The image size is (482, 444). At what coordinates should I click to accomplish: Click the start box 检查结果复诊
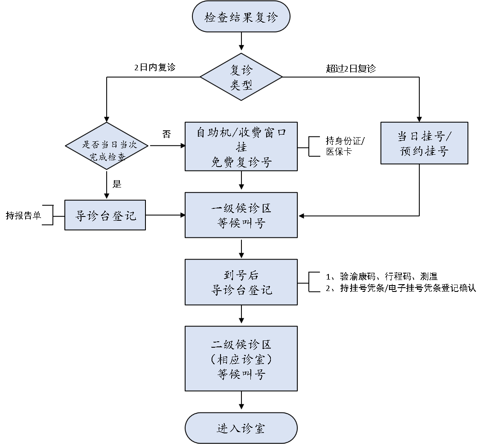(241, 17)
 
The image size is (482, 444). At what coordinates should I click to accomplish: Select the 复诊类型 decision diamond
(241, 77)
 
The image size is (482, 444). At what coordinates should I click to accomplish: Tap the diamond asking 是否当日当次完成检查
(107, 146)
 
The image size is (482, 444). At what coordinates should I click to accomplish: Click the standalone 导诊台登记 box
(105, 215)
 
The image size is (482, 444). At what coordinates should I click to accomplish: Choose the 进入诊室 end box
(241, 428)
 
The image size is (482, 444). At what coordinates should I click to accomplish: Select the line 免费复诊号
(241, 162)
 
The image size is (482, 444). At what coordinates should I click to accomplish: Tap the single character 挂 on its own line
(241, 147)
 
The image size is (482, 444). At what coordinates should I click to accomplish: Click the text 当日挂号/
(425, 136)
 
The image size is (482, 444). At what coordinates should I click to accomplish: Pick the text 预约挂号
(424, 151)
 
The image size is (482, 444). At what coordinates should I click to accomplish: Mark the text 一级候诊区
(241, 208)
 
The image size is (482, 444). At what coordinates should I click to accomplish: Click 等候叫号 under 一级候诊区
(241, 223)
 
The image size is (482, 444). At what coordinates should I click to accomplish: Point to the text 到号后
(241, 275)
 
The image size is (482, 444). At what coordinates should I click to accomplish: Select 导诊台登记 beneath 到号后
(241, 290)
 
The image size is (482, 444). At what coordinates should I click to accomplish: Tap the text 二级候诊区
(241, 344)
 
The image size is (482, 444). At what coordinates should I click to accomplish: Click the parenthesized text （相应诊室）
(241, 359)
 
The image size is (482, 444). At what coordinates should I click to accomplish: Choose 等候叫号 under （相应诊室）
(241, 374)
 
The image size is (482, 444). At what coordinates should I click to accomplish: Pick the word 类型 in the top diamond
(241, 85)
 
